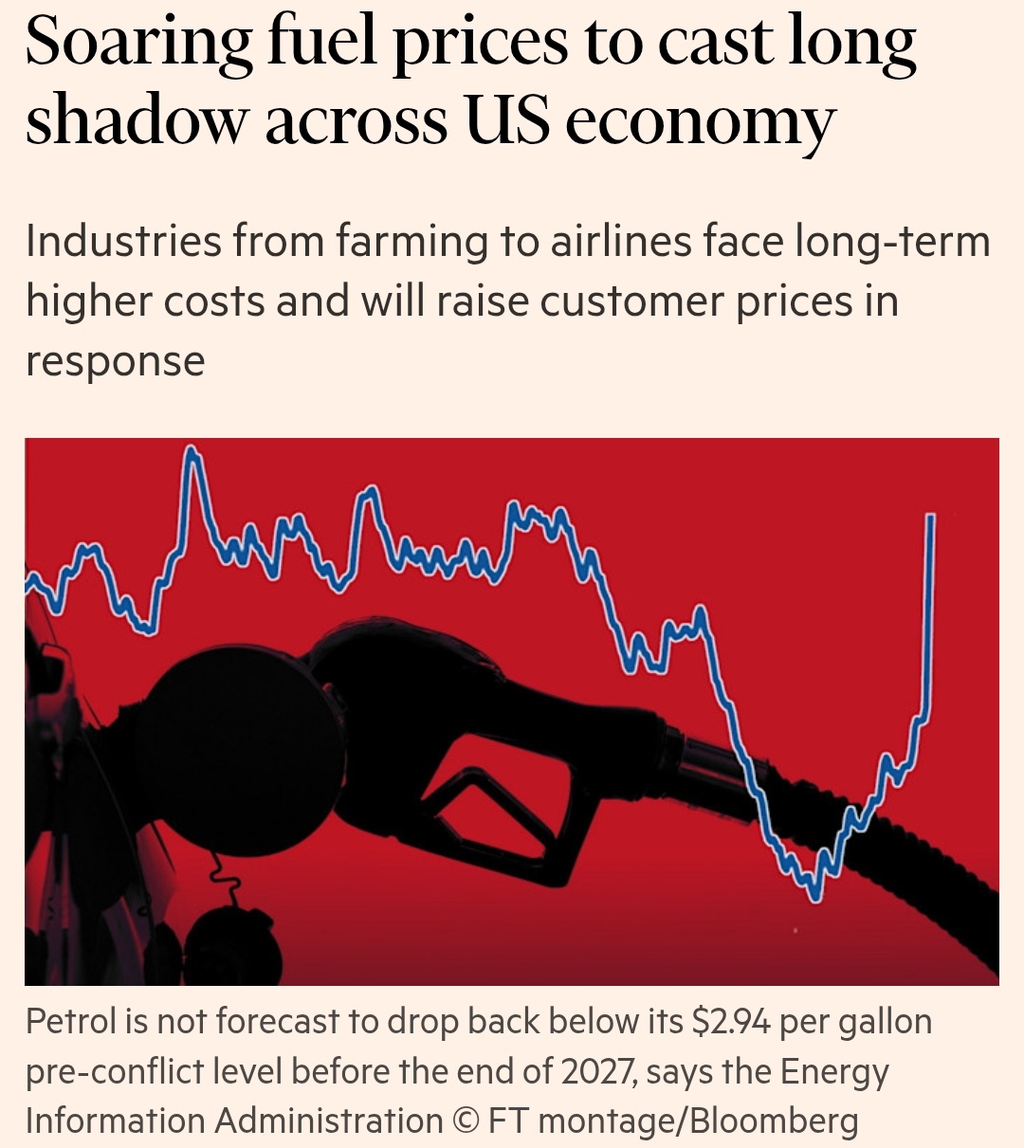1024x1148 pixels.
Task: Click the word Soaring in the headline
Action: [x=138, y=44]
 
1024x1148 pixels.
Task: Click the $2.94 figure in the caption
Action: [x=731, y=1022]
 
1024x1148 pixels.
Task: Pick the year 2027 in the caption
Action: [x=597, y=1071]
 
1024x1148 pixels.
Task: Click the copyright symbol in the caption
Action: [x=466, y=1121]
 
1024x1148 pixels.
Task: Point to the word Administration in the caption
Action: [x=328, y=1121]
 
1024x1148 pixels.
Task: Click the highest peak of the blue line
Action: [x=192, y=452]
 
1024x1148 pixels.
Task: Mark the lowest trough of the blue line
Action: [x=814, y=895]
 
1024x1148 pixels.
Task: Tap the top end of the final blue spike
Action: [x=931, y=517]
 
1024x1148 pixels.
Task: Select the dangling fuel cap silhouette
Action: [x=232, y=943]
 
